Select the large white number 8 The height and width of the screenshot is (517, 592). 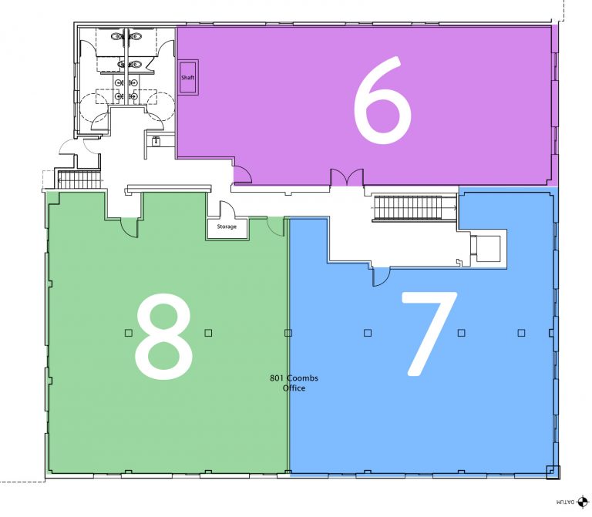[164, 337]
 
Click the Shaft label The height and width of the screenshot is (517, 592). [187, 77]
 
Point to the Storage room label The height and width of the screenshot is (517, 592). [227, 227]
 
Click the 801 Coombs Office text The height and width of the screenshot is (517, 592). [294, 383]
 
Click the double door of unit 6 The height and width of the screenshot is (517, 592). [348, 177]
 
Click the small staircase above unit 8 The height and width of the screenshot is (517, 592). [80, 180]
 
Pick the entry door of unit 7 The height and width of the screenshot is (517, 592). [382, 277]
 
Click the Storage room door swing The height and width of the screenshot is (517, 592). [227, 209]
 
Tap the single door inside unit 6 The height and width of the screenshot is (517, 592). [242, 175]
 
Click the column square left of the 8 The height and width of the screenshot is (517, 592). [129, 333]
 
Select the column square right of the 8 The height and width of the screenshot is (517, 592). [208, 333]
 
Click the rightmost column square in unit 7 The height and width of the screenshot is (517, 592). [521, 333]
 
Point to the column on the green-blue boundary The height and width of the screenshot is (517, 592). [288, 333]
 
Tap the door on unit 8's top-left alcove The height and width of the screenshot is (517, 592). [129, 227]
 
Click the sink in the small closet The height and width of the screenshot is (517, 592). [156, 141]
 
